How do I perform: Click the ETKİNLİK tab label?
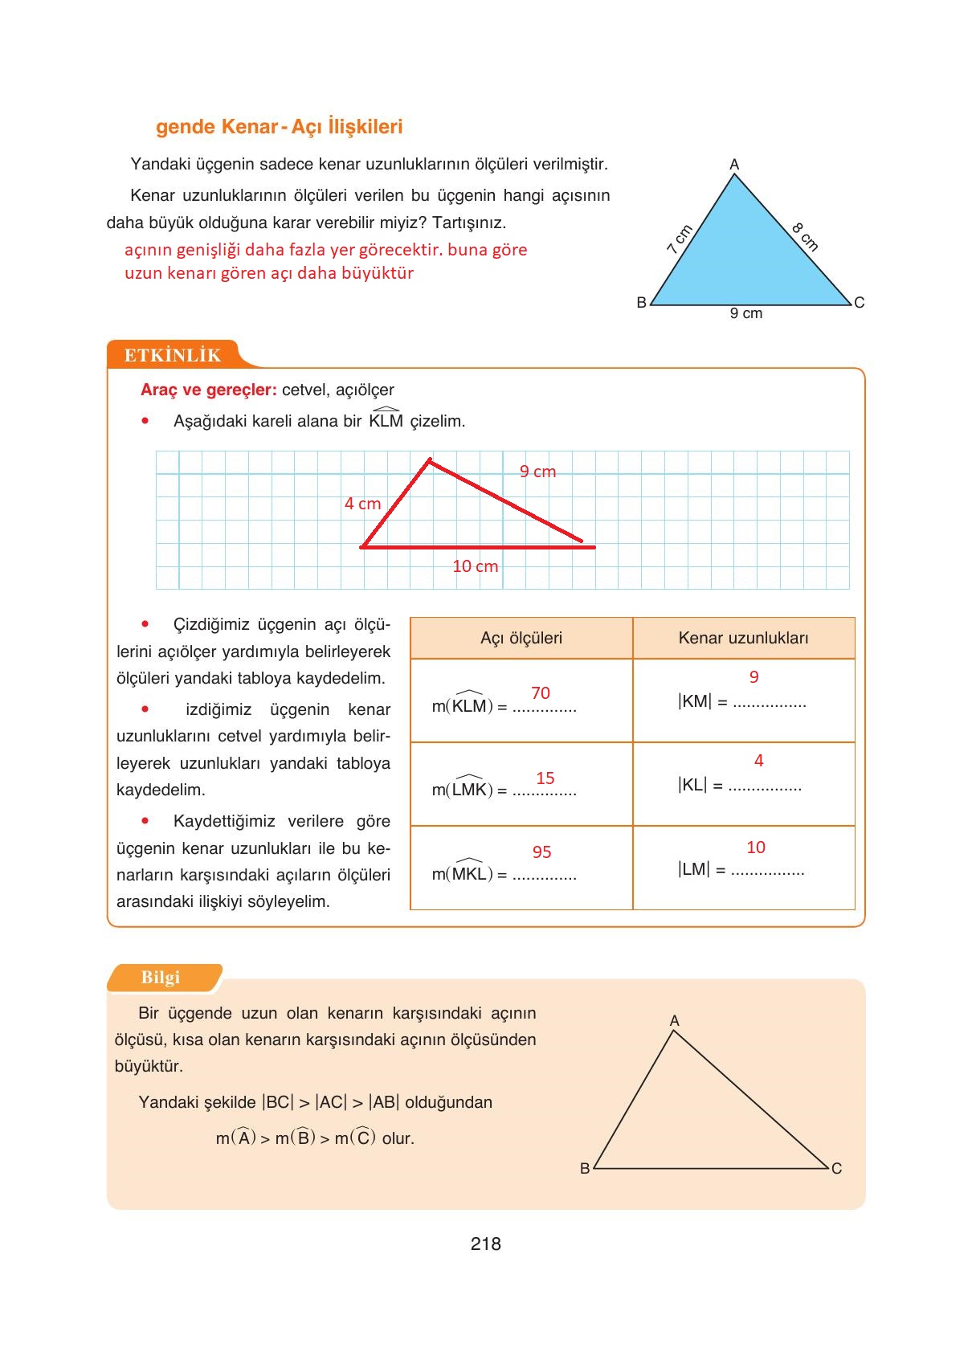point(172,355)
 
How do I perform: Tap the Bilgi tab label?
point(160,978)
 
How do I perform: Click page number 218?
point(485,1244)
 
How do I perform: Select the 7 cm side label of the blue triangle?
point(679,239)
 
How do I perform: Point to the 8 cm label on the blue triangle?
point(805,237)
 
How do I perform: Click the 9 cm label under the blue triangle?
point(745,313)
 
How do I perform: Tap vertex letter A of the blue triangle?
point(733,165)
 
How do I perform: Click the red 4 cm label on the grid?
point(362,504)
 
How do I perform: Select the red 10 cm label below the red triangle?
point(475,566)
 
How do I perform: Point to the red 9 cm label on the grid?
point(537,472)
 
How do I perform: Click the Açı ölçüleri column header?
point(521,638)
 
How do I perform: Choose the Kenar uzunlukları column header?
point(743,638)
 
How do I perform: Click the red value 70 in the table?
point(541,692)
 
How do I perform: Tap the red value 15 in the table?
point(545,778)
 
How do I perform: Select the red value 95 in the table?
point(541,852)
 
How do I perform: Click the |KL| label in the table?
point(692,785)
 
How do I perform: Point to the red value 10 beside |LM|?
point(755,847)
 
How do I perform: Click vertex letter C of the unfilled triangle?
point(836,1168)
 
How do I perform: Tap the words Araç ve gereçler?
point(208,390)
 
